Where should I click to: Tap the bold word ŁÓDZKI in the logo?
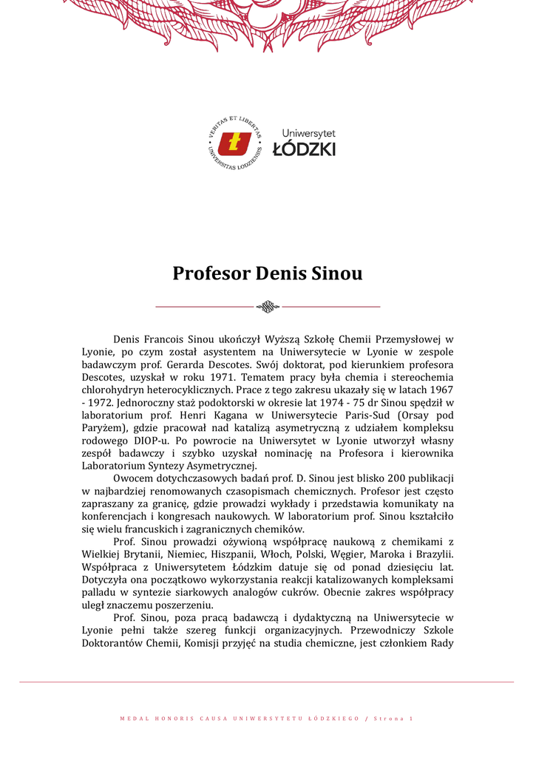click(x=304, y=149)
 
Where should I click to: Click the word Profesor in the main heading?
click(x=211, y=274)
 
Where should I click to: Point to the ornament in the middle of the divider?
click(x=268, y=306)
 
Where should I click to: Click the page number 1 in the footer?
click(x=411, y=719)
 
